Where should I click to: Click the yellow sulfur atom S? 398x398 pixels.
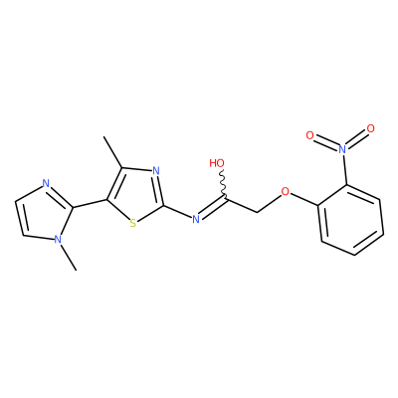tap(133, 223)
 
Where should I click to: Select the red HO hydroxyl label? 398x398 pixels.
tap(217, 163)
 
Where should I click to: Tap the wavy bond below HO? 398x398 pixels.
tap(223, 184)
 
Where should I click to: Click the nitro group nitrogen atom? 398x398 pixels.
tap(343, 149)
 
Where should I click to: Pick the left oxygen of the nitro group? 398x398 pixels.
tap(309, 135)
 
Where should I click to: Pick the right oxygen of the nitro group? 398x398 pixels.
tap(371, 128)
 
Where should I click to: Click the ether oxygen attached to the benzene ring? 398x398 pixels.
tap(285, 191)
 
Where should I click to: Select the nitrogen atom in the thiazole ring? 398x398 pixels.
tap(156, 171)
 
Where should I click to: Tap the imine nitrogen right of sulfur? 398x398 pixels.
tap(196, 219)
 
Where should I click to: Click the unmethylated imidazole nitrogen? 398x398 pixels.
tap(46, 183)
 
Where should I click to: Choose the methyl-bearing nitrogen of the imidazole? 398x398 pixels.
tap(58, 240)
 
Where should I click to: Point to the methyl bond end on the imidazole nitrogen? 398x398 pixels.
tap(76, 270)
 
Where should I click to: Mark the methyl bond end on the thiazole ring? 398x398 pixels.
tap(103, 136)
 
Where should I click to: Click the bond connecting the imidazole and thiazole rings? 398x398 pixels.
tap(90, 204)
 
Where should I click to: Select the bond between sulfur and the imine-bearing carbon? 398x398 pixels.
tap(150, 214)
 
